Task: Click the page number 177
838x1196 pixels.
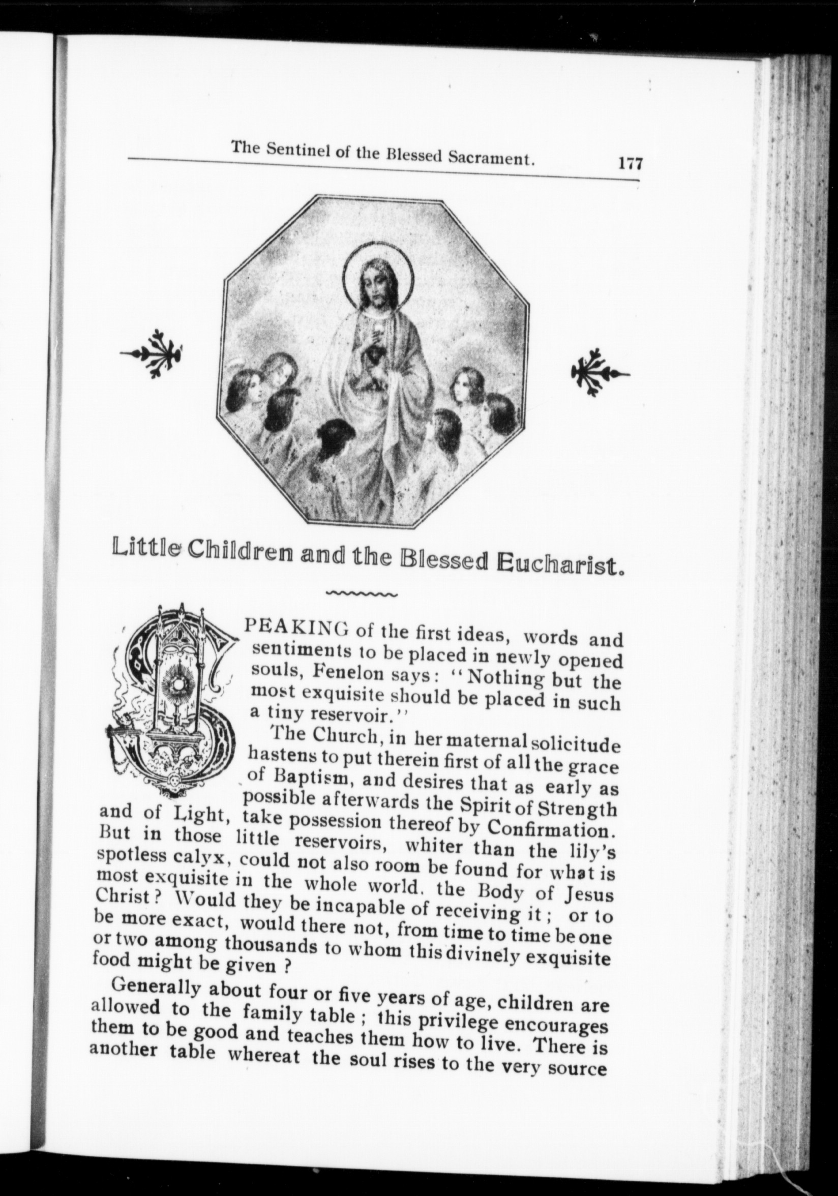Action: coord(630,164)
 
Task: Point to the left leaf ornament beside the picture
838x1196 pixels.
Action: coord(152,353)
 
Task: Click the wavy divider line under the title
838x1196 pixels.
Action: coord(361,593)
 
